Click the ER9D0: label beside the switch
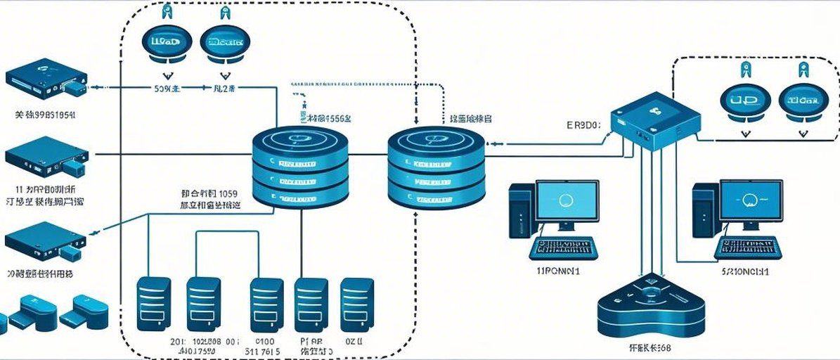click(583, 126)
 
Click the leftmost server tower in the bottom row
click(152, 303)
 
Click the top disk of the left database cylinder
click(302, 140)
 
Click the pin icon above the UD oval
click(744, 69)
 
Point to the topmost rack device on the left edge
click(44, 83)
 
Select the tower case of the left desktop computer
click(521, 210)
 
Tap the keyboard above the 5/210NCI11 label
click(747, 247)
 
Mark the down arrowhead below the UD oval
click(744, 130)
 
